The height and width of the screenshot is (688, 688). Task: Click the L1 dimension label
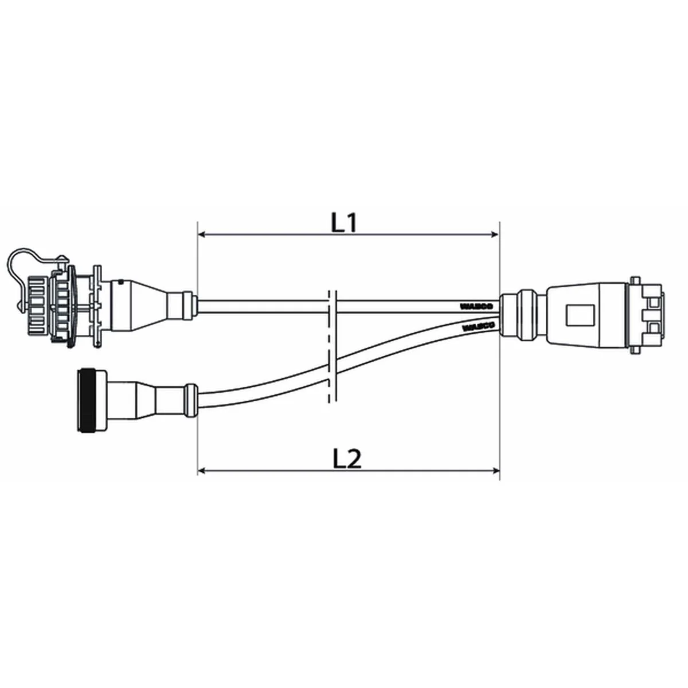(344, 222)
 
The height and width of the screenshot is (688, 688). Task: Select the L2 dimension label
(347, 459)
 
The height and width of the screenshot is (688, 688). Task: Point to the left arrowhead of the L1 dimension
(202, 234)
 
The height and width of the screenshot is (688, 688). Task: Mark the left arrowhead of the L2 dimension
(202, 471)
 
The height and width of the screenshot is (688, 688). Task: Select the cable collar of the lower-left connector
(190, 398)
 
